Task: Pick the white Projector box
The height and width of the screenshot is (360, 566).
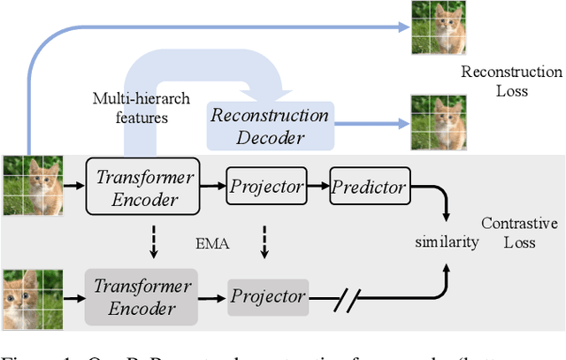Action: pos(265,187)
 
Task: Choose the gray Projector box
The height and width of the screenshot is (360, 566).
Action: pos(268,296)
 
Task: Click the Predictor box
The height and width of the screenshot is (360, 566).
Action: pos(369,187)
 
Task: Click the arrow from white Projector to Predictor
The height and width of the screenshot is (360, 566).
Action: pos(317,187)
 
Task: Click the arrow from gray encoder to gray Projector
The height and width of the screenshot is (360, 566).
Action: pos(213,296)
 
